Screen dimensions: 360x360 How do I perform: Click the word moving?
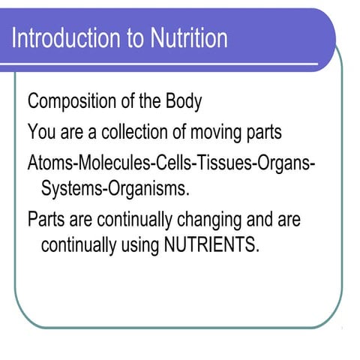pos(218,133)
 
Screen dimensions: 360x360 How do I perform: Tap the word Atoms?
pos(47,162)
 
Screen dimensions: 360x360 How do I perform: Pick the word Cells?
pos(166,162)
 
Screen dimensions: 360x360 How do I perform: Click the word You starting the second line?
pos(40,132)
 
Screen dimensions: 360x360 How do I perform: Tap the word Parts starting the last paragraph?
pos(46,219)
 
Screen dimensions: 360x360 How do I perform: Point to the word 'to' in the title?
pos(137,37)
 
